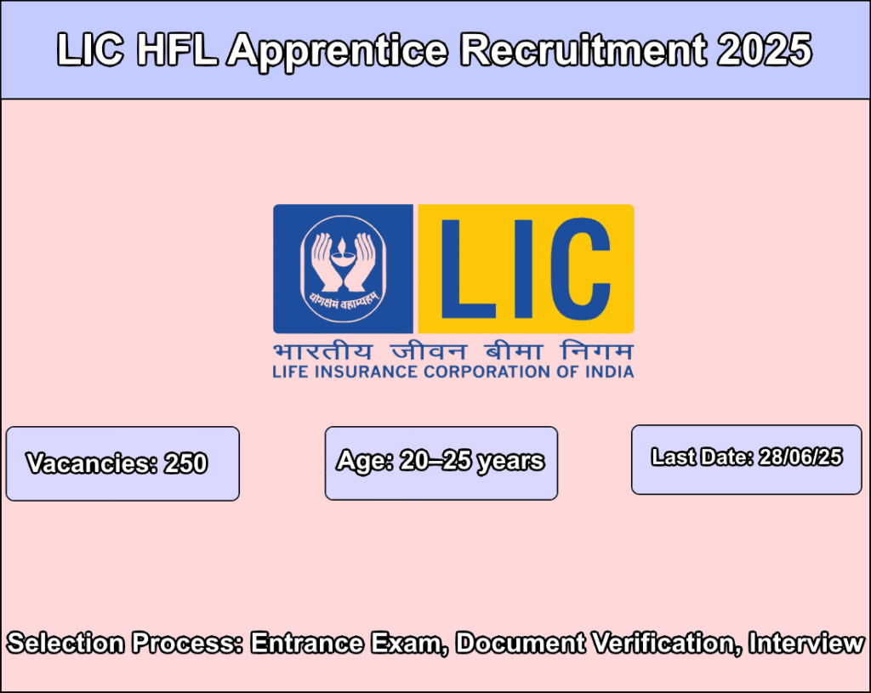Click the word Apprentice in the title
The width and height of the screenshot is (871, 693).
point(336,50)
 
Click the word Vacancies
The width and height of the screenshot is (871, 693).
point(84,463)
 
